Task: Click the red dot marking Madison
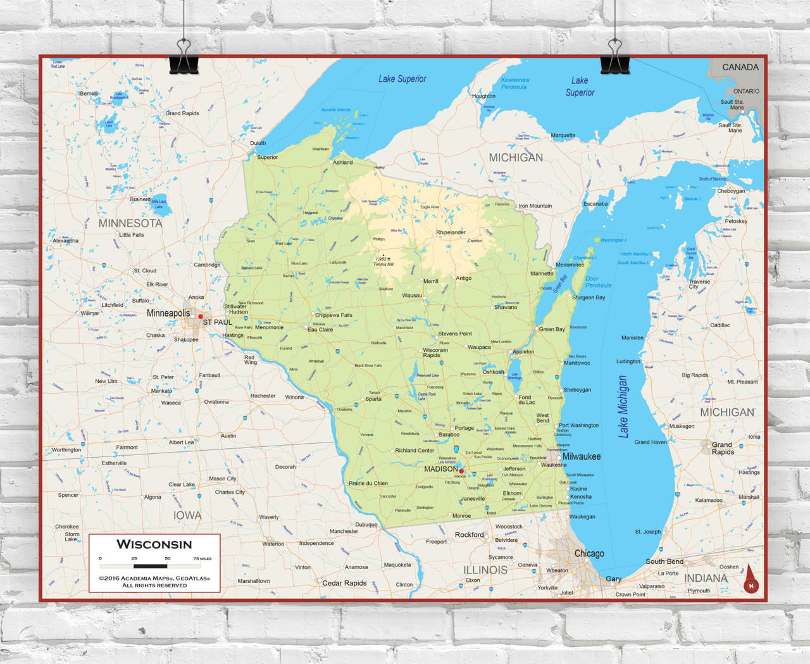click(x=461, y=471)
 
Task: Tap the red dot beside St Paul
click(x=201, y=316)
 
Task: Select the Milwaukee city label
click(x=581, y=456)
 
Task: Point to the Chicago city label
click(x=589, y=553)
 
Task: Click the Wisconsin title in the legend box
click(x=154, y=544)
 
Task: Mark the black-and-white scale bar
click(x=150, y=566)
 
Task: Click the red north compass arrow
click(x=751, y=579)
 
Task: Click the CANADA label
click(x=740, y=67)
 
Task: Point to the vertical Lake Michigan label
click(x=623, y=406)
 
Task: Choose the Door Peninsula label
click(x=597, y=282)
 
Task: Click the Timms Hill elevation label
click(x=383, y=261)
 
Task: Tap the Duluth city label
click(x=258, y=143)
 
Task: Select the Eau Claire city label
click(x=320, y=330)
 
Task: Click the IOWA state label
click(x=187, y=515)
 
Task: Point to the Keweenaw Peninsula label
click(x=514, y=84)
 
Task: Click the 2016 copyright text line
click(x=154, y=579)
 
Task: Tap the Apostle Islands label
click(x=335, y=110)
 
